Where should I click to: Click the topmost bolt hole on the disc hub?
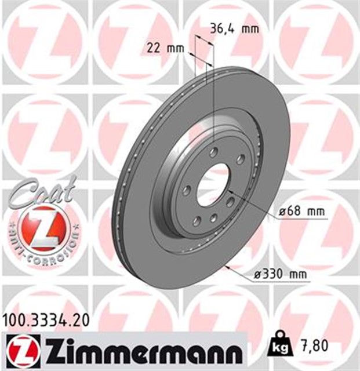214,152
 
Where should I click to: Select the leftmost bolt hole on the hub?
187,190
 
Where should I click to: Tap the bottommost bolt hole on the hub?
213,217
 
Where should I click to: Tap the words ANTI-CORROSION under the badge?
44,246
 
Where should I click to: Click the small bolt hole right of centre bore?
231,201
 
